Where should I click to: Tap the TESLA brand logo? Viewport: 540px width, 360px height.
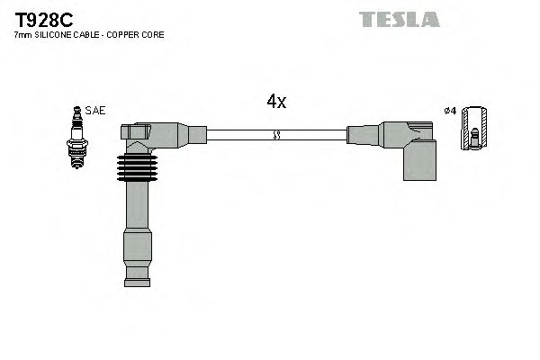pos(400,19)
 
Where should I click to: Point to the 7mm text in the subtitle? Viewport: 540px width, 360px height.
pos(22,34)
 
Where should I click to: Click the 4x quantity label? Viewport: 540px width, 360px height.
pos(276,102)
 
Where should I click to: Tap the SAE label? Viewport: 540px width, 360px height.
pos(96,111)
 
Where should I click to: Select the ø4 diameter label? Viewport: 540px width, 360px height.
pos(451,111)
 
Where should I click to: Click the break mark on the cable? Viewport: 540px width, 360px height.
pos(277,135)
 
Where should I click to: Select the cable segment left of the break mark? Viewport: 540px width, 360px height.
pos(238,135)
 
